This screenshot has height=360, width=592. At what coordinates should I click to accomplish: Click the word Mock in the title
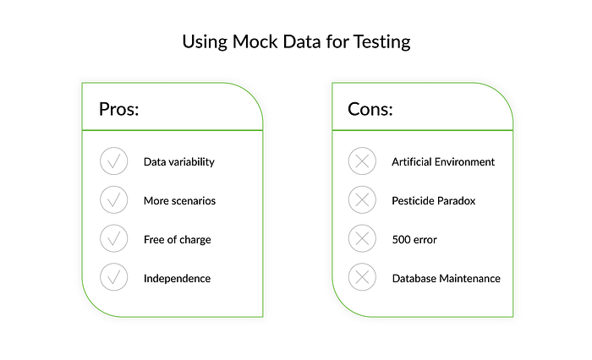click(x=255, y=41)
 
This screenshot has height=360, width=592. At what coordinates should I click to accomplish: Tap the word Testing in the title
click(x=381, y=42)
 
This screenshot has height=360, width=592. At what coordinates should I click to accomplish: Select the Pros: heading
click(x=119, y=109)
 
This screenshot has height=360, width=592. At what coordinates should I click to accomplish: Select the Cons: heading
click(x=370, y=109)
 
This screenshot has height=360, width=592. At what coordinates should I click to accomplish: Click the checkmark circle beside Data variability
click(x=113, y=161)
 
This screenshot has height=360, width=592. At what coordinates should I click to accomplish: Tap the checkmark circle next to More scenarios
click(x=113, y=199)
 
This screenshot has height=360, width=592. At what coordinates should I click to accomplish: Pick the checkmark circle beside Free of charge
click(x=113, y=238)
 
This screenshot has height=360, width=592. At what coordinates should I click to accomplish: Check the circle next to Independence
click(x=113, y=277)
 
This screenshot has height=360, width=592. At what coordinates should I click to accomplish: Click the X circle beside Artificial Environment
click(x=362, y=161)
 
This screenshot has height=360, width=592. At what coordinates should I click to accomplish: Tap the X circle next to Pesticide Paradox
click(x=362, y=199)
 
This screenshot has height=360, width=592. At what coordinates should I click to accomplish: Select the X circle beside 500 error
click(x=362, y=238)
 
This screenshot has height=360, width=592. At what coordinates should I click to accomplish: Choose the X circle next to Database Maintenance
click(x=362, y=277)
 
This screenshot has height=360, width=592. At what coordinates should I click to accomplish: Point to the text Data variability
click(x=179, y=162)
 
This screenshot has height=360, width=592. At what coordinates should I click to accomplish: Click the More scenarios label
click(x=179, y=201)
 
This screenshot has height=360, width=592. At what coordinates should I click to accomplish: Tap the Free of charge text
click(x=177, y=240)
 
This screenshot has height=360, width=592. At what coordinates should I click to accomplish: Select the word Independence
click(x=177, y=279)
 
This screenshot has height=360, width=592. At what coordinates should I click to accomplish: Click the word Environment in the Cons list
click(x=464, y=162)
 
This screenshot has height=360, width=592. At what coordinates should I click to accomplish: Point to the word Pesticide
click(x=411, y=201)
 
